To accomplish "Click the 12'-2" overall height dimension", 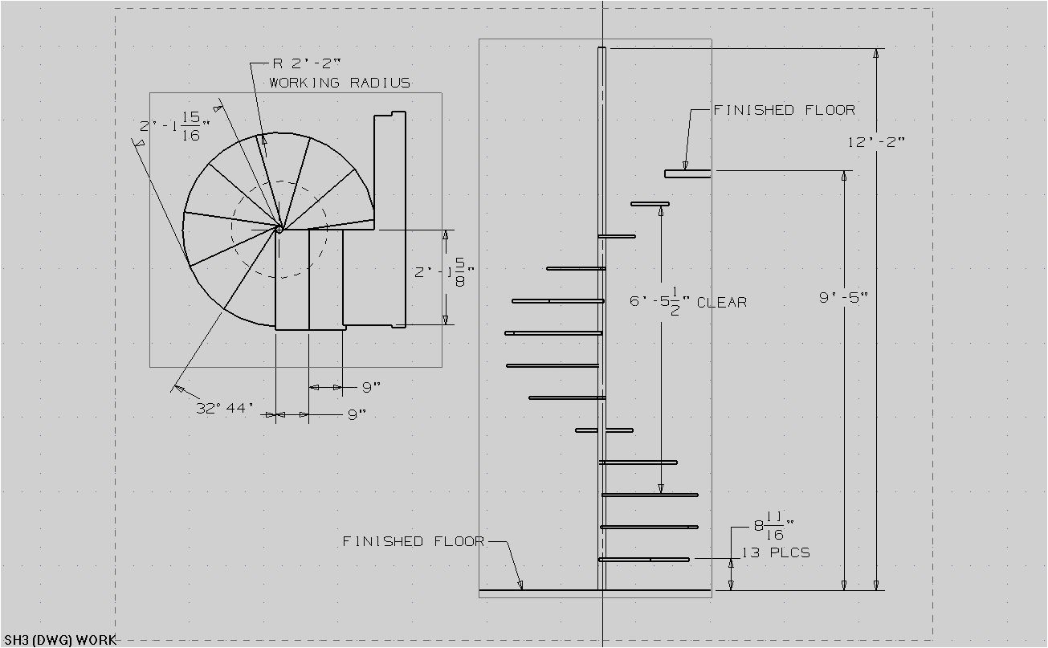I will coord(877,142).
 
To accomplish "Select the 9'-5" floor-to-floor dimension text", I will coord(843,297).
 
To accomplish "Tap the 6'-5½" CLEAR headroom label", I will coord(688,302).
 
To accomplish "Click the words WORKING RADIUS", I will coord(340,83).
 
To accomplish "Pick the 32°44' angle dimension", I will coord(225,408).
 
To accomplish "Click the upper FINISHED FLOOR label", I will coord(784,110).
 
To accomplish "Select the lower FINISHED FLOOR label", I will coord(414,541).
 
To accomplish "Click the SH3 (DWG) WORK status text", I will coord(59,640).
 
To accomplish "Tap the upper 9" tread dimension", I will coord(370,388).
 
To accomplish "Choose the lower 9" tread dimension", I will coord(357,414).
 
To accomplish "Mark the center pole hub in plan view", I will coord(279,229).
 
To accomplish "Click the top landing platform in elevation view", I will coord(687,173).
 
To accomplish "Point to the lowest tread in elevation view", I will coord(644,559).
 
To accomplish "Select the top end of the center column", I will coord(601,50).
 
